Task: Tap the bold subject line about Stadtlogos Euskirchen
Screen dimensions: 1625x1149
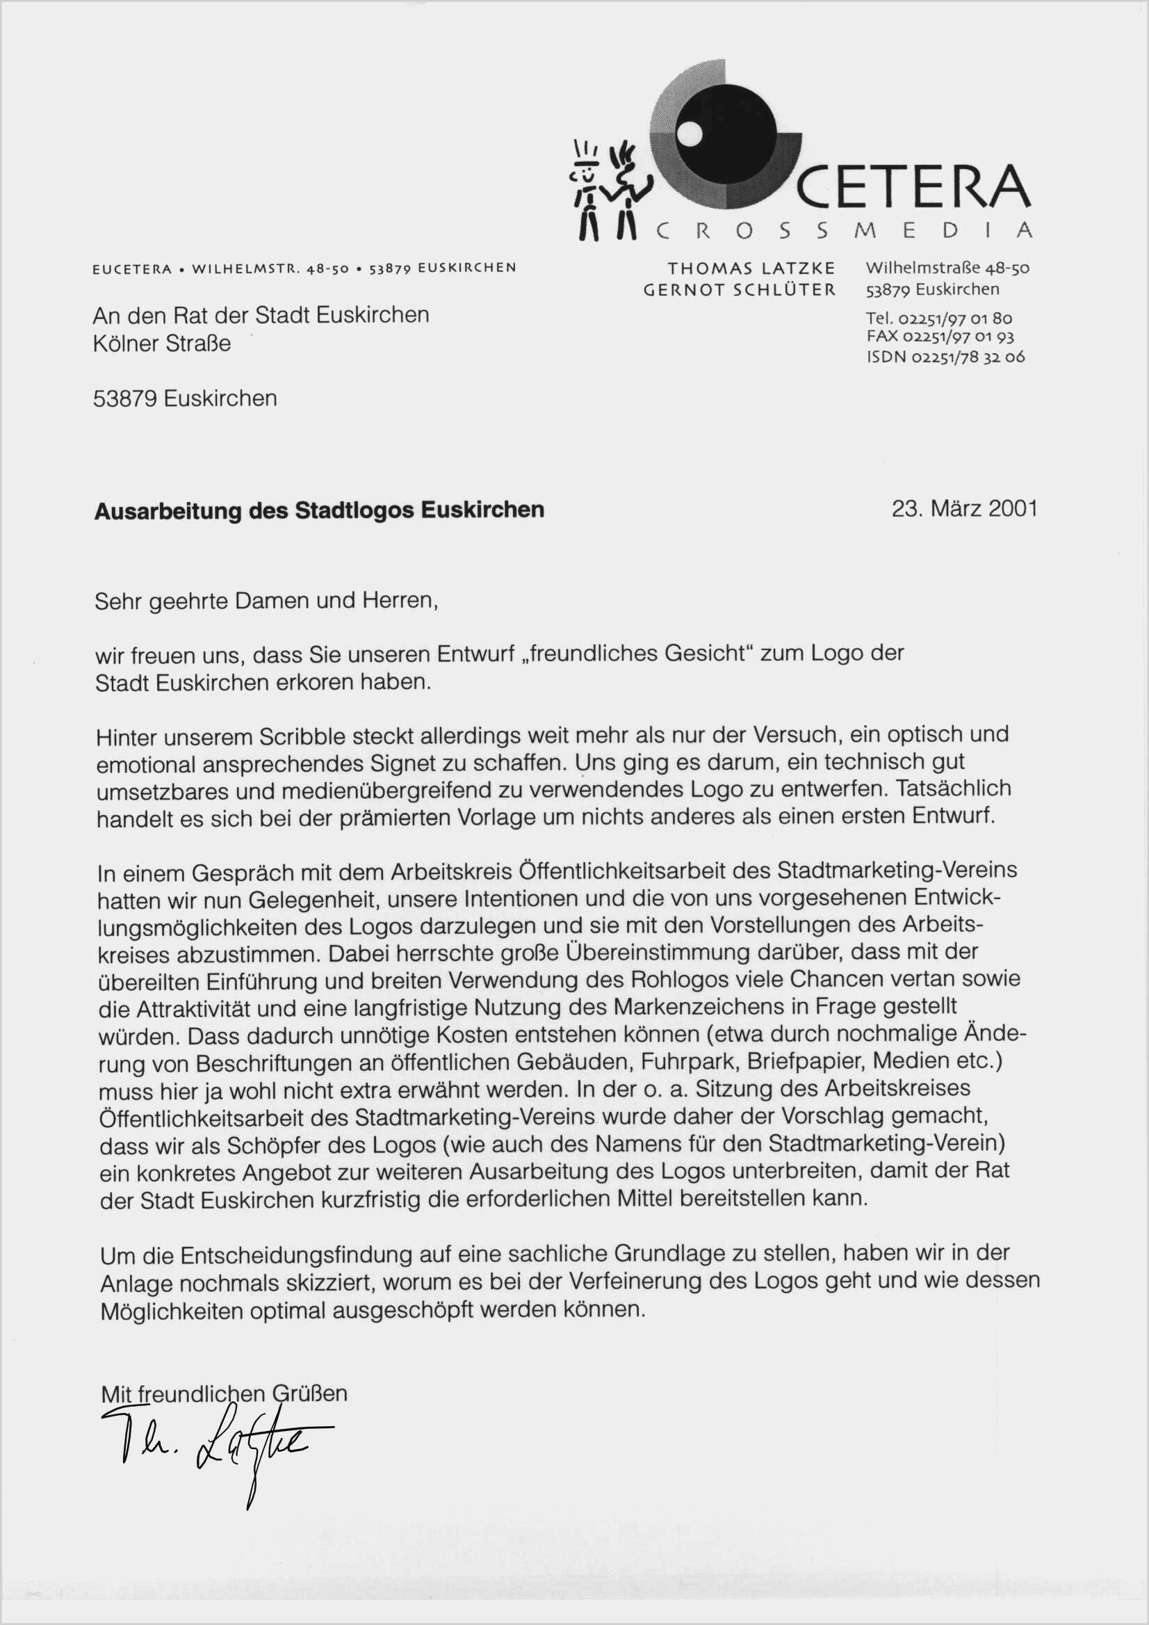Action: (319, 510)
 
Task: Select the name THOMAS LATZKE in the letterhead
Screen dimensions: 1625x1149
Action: (751, 268)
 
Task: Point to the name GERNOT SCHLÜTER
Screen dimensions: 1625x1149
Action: (740, 289)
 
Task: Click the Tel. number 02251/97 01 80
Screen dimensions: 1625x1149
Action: (938, 318)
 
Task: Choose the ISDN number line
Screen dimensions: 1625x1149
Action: (945, 357)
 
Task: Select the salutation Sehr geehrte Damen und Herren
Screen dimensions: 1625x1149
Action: (266, 601)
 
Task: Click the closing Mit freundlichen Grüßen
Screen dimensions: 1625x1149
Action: (225, 1393)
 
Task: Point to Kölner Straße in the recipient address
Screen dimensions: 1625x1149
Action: (162, 343)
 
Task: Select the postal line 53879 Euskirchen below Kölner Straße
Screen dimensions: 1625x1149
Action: (185, 398)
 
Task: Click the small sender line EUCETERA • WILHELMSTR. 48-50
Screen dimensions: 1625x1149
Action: (304, 268)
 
